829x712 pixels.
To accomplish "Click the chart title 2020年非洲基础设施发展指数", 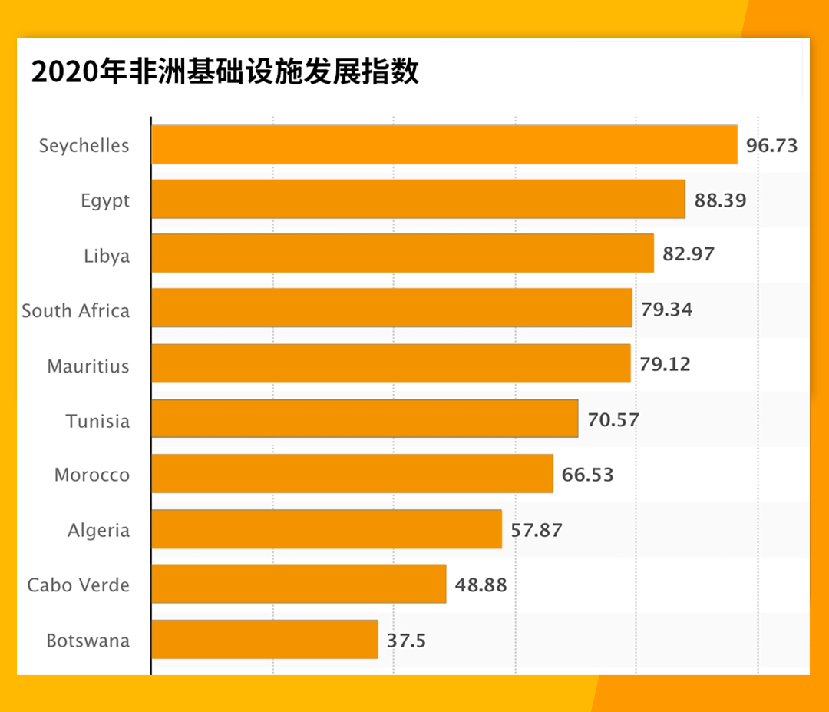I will click(x=225, y=72).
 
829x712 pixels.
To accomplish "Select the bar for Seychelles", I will click(x=444, y=144).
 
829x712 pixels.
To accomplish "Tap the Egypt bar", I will click(x=418, y=200).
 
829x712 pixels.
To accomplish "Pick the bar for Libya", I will click(x=403, y=254).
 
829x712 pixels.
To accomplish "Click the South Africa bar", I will click(x=391, y=309).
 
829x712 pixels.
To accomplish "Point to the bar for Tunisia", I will click(x=365, y=419).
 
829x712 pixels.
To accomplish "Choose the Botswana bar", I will click(x=265, y=639).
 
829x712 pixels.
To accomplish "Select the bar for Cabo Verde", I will click(x=299, y=584).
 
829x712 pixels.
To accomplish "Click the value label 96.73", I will click(x=772, y=145).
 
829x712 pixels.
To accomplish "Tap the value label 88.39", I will click(x=720, y=200).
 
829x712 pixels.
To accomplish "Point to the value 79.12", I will click(x=666, y=364).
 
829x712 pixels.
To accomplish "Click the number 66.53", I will click(x=588, y=475).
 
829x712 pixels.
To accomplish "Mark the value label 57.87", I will click(x=537, y=530).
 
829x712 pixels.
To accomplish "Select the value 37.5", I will click(x=406, y=640).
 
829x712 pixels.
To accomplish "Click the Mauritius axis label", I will click(x=88, y=366).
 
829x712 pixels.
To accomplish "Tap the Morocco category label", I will click(x=92, y=475).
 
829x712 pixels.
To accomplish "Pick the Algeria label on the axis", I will click(x=99, y=530).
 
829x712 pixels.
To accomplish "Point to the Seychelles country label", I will click(x=84, y=146).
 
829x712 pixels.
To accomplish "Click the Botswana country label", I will click(x=88, y=640).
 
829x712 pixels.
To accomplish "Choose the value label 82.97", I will click(x=689, y=254).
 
